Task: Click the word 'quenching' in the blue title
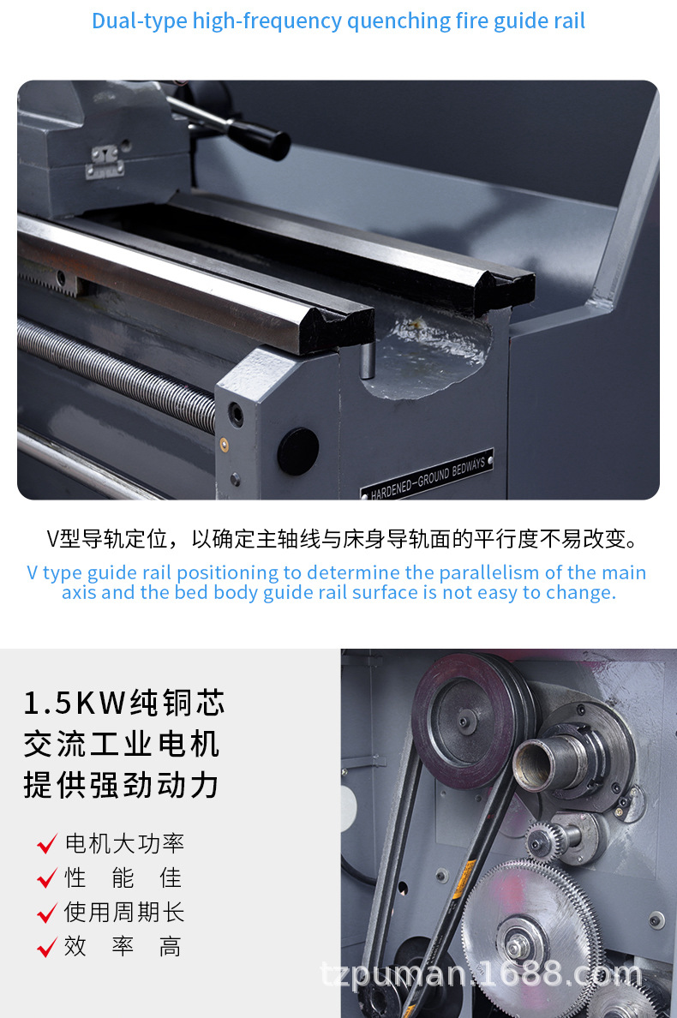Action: (398, 21)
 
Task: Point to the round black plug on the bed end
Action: (298, 451)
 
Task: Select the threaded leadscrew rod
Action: (117, 374)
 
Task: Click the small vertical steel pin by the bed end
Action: (368, 360)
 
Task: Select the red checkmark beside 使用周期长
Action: (47, 913)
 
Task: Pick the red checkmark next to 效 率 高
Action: (47, 947)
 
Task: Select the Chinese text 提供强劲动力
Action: (122, 785)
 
